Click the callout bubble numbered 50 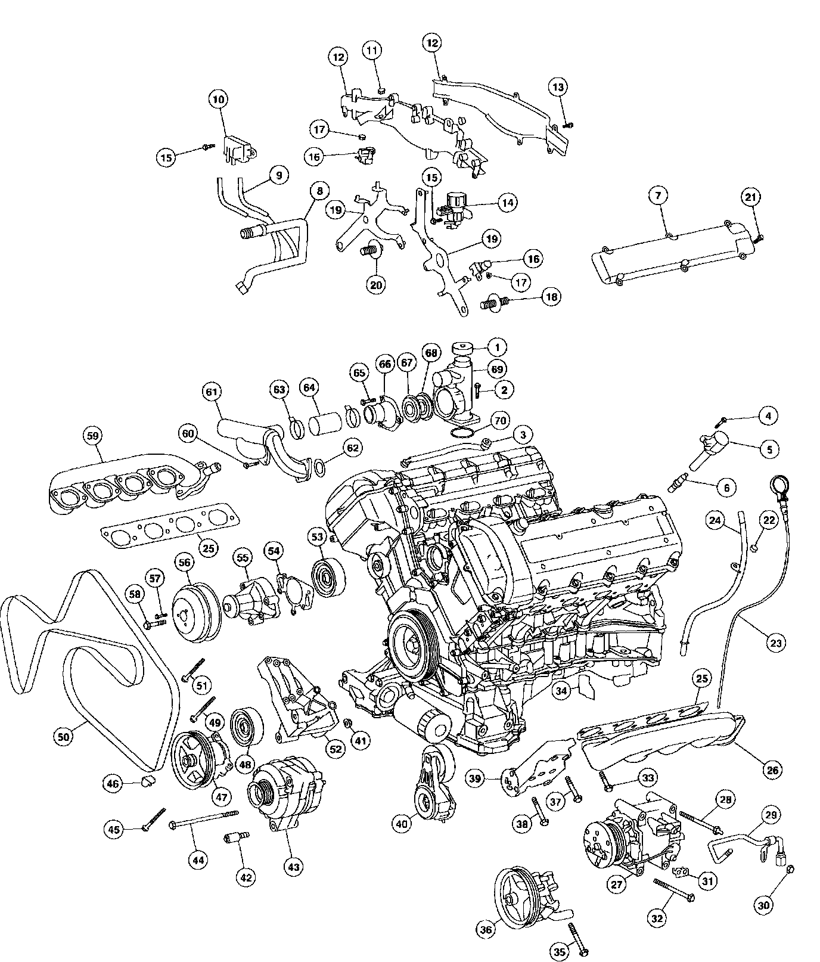64,737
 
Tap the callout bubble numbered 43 294,867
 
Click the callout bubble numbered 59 93,436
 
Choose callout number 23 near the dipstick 776,643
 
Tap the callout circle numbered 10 219,100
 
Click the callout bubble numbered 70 499,421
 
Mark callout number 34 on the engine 561,691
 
